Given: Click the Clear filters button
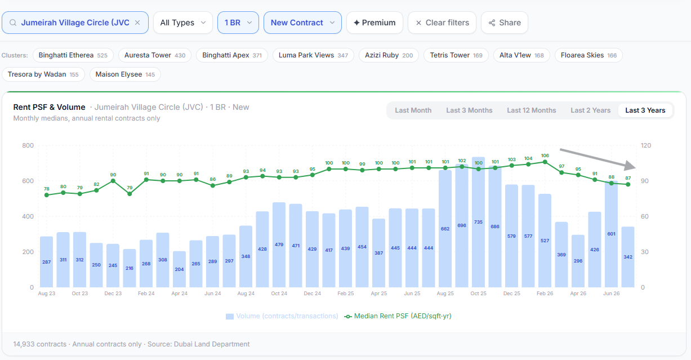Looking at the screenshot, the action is coord(442,23).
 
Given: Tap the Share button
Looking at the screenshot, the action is coord(505,23).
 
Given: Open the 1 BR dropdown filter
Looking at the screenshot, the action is coord(238,23).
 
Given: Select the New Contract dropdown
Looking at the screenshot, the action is coord(302,23).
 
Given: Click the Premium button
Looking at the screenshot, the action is coord(375,23).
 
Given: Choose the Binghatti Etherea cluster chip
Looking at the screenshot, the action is coord(73,55).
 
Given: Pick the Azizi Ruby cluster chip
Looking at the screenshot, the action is coord(389,55).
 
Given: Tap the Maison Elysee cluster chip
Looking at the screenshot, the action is coord(125,74).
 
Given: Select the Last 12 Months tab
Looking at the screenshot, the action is coord(531,110).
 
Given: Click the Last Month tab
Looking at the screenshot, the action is coord(413,110).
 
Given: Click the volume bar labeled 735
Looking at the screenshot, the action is coord(478,222).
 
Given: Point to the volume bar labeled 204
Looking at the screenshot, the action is coord(179,269).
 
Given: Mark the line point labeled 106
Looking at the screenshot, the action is coord(545,162).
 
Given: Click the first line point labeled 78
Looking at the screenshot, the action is coord(47,195).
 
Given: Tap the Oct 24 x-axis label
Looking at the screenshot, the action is coord(279,294).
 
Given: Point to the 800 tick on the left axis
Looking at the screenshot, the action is coord(28,145).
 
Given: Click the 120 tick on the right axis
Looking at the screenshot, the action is coord(645,145).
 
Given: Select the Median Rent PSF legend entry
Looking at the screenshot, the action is coord(398,316).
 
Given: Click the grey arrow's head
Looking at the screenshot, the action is coord(631,166).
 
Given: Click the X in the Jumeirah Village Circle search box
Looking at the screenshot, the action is coord(137,23).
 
